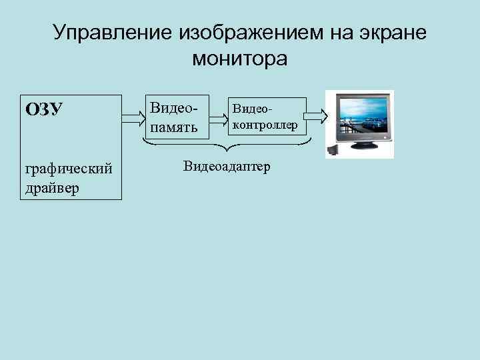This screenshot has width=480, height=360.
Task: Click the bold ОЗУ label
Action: pos(44,109)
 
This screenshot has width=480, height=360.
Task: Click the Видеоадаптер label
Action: pos(227,166)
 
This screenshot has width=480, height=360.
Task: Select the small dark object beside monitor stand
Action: pos(333,151)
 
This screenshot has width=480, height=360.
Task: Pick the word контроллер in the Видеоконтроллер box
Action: pos(265,124)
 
